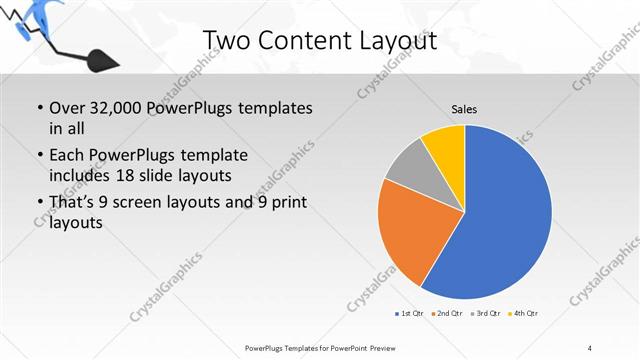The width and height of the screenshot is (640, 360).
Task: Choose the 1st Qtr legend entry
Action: (x=408, y=314)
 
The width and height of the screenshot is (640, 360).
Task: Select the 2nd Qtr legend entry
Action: (x=446, y=314)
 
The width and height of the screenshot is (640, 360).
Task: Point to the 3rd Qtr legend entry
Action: (x=484, y=314)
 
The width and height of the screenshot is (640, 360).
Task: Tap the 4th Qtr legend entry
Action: (x=523, y=314)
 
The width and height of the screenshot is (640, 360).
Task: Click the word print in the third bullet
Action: (x=287, y=203)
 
